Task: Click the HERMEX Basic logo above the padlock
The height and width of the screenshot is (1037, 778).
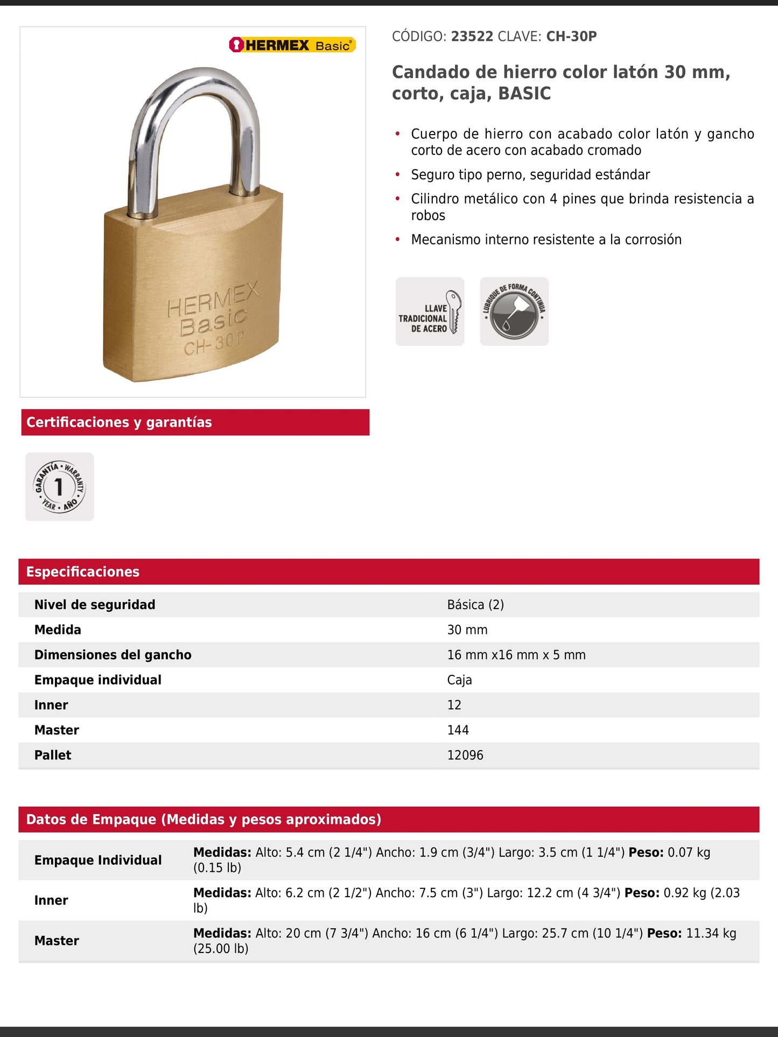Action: [292, 45]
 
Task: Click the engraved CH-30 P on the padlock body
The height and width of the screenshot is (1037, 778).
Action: [214, 343]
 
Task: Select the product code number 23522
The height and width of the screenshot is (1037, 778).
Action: [472, 37]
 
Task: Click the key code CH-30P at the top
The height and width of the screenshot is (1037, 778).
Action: [571, 37]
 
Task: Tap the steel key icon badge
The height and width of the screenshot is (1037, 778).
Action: [430, 312]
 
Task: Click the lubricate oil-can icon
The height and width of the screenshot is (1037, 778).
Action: [514, 312]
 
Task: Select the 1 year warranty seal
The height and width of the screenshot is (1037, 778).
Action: [60, 486]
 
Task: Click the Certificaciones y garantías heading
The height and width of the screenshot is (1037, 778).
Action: [119, 422]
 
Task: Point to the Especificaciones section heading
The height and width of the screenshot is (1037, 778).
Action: [83, 572]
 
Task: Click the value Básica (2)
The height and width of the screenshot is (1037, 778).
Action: [475, 605]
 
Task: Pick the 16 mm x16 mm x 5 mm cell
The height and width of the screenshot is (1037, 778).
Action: [516, 655]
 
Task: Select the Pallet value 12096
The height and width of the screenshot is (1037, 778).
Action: [465, 755]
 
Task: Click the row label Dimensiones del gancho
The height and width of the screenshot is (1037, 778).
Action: [113, 655]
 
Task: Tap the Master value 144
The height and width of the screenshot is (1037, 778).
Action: [458, 730]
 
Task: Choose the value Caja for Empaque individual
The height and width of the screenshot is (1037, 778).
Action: [459, 680]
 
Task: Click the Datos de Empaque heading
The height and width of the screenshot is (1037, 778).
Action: [204, 820]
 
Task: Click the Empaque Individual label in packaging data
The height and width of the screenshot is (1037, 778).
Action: [98, 860]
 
